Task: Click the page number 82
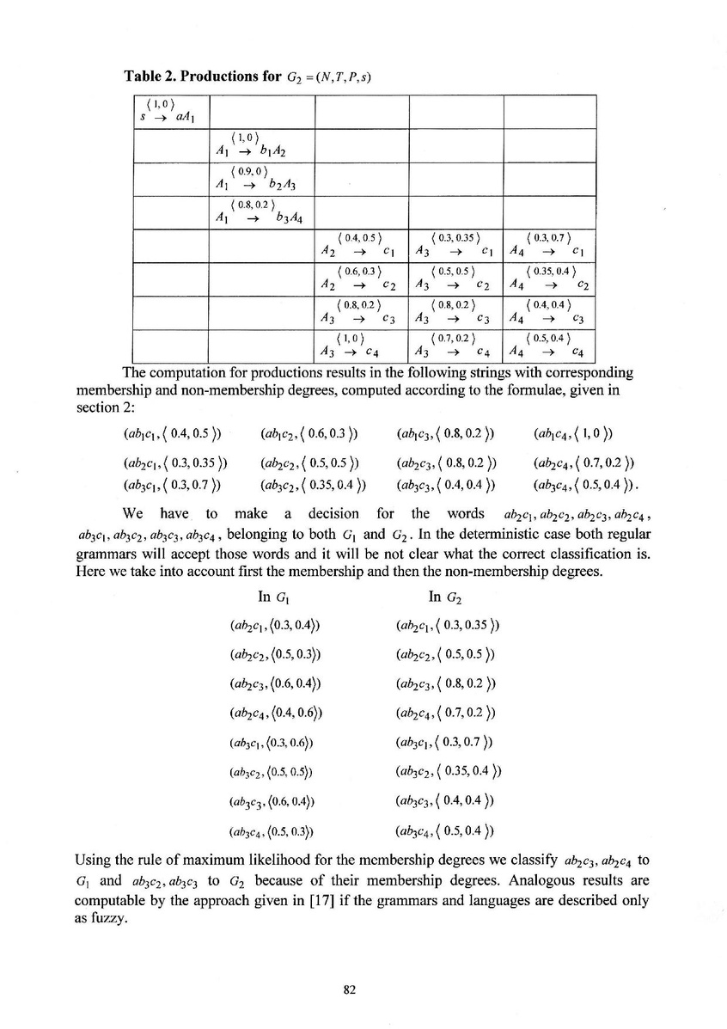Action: (349, 989)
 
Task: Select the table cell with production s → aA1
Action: (170, 112)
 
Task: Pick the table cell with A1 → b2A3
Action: (260, 178)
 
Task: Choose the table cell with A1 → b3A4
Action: (260, 211)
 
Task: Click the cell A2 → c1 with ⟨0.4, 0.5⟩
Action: (360, 245)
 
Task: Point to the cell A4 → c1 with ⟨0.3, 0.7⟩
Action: (549, 245)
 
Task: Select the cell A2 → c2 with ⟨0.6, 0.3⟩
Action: (360, 279)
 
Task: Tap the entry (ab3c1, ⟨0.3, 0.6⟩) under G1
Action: (271, 742)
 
